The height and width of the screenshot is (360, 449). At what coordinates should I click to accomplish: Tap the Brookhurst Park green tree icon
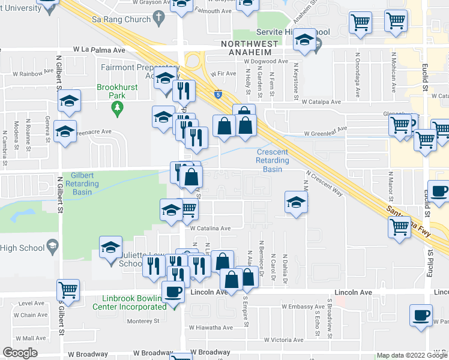pyautogui.click(x=118, y=107)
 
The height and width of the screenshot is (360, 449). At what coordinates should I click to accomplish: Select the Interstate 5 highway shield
pyautogui.click(x=217, y=94)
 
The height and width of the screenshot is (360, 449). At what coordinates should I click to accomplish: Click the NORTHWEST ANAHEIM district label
pyautogui.click(x=250, y=48)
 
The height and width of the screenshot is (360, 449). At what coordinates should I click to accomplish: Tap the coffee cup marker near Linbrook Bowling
pyautogui.click(x=173, y=292)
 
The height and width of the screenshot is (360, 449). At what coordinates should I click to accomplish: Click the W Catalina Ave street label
pyautogui.click(x=210, y=228)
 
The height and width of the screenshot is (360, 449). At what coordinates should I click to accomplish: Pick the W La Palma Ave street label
pyautogui.click(x=99, y=50)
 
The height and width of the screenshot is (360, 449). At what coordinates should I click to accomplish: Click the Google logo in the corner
pyautogui.click(x=20, y=353)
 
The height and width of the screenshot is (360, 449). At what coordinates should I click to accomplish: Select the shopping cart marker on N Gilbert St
pyautogui.click(x=69, y=290)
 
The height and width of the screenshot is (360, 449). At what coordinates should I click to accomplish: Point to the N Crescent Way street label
pyautogui.click(x=325, y=184)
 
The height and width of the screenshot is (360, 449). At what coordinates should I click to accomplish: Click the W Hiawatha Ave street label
pyautogui.click(x=211, y=328)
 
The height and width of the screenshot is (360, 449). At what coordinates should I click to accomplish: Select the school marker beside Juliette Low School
pyautogui.click(x=110, y=248)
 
